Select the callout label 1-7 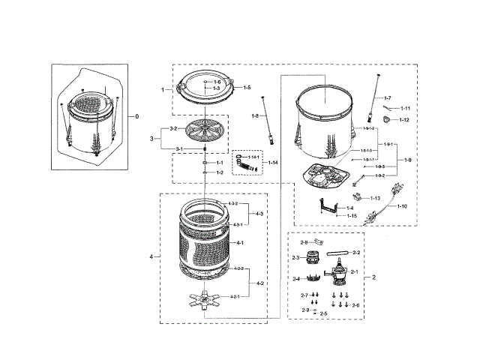pos(388,98)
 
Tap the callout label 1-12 pos(403,120)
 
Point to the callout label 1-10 pos(402,205)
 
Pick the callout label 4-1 pos(241,243)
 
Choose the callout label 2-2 pos(355,253)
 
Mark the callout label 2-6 pos(355,305)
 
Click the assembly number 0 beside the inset pos(136,116)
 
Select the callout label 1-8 pos(255,116)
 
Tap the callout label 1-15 pos(352,215)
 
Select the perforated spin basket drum pos(204,240)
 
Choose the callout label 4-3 pos(259,214)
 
